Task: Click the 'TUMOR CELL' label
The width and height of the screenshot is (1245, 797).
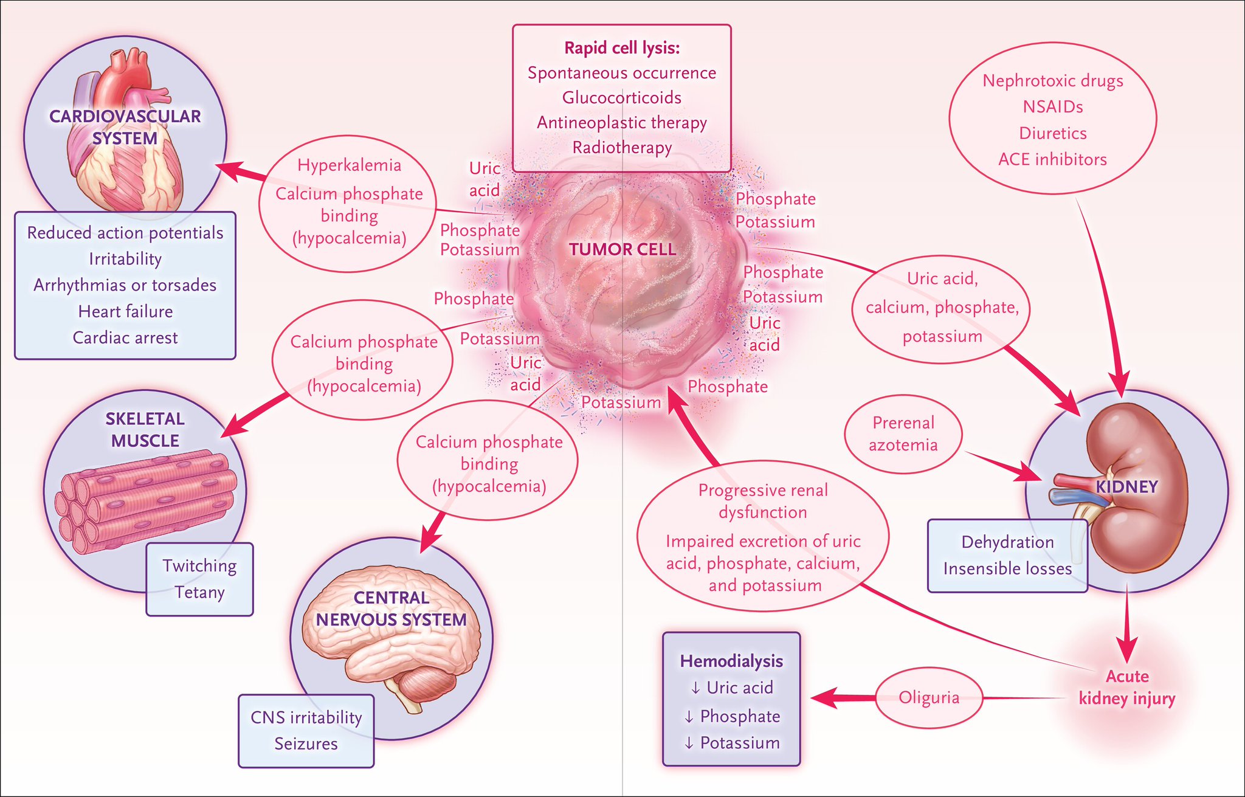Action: (x=622, y=249)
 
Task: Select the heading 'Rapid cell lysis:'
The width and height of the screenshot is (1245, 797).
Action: (x=622, y=47)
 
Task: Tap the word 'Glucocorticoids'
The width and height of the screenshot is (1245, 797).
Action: (x=622, y=97)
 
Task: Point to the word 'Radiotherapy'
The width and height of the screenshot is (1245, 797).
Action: (x=622, y=147)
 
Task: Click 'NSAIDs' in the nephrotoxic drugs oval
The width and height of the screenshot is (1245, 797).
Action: (x=1052, y=107)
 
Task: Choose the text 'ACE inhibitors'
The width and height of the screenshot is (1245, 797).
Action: (x=1052, y=159)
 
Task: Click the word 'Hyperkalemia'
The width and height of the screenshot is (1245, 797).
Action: (x=349, y=165)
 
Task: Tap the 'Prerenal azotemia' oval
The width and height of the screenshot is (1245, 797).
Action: (x=903, y=433)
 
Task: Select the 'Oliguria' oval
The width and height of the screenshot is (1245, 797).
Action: (x=929, y=697)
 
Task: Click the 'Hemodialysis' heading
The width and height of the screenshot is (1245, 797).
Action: (x=731, y=661)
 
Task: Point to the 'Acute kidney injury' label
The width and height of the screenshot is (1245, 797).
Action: (x=1127, y=688)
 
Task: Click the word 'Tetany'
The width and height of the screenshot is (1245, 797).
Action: (x=199, y=592)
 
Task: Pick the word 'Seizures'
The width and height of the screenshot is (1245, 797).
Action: (x=306, y=744)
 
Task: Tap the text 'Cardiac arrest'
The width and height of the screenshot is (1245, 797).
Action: (x=125, y=337)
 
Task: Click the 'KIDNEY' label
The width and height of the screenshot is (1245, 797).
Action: (x=1126, y=486)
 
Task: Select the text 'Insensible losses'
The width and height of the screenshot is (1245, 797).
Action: (x=1007, y=568)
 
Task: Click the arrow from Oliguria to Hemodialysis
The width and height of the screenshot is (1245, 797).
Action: (x=845, y=697)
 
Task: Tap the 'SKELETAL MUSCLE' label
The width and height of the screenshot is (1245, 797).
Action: (x=145, y=429)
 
